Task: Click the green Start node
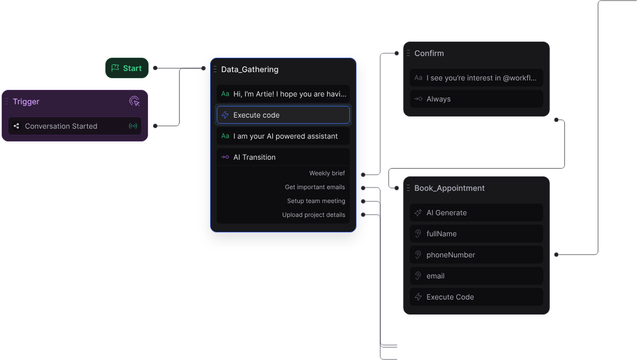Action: (x=127, y=68)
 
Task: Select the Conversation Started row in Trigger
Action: (x=75, y=126)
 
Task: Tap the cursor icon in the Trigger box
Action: (x=134, y=102)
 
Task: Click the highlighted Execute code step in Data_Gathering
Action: (x=283, y=115)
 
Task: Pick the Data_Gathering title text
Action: (x=249, y=69)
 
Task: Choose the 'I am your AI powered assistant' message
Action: (x=283, y=136)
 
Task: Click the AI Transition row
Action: (x=283, y=157)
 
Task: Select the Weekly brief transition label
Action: (x=327, y=173)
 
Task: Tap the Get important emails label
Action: (x=315, y=187)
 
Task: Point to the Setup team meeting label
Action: (x=316, y=201)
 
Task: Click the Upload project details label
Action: (x=314, y=215)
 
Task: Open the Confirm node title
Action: (x=429, y=53)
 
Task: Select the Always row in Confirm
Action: (x=476, y=99)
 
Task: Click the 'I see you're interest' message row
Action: (x=476, y=78)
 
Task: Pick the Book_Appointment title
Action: (x=449, y=188)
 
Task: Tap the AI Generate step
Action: (x=476, y=212)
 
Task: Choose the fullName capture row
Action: (x=476, y=234)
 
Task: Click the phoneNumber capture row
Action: (x=476, y=255)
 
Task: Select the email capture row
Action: (x=476, y=276)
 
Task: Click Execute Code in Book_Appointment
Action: (x=476, y=297)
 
